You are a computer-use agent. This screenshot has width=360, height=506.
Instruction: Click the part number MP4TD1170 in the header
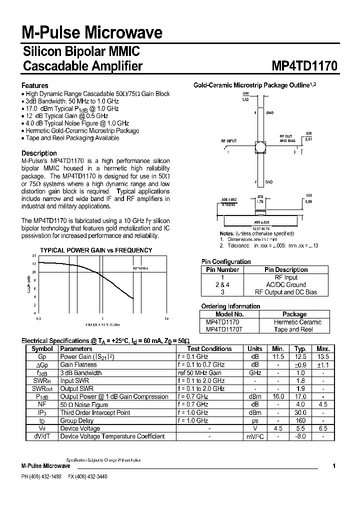pyautogui.click(x=305, y=66)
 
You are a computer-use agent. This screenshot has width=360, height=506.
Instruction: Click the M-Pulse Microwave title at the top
pyautogui.click(x=92, y=33)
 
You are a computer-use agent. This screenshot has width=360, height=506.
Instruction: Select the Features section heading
pyautogui.click(x=35, y=85)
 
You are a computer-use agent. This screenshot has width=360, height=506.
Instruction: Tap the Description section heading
pyautogui.click(x=39, y=153)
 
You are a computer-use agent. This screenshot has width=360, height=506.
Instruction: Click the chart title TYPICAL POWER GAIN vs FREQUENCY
pyautogui.click(x=96, y=250)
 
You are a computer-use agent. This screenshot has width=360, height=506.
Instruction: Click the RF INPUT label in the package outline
pyautogui.click(x=229, y=141)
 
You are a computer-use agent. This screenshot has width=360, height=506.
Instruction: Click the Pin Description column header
pyautogui.click(x=286, y=269)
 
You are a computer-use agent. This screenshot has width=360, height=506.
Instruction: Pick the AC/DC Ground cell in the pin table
pyautogui.click(x=286, y=284)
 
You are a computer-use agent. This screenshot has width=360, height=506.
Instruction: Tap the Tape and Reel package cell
pyautogui.click(x=294, y=329)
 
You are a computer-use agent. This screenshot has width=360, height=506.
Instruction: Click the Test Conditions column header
pyautogui.click(x=209, y=348)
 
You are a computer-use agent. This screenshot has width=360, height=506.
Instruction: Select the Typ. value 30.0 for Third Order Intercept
pyautogui.click(x=300, y=412)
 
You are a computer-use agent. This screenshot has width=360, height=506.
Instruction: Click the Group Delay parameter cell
pyautogui.click(x=76, y=420)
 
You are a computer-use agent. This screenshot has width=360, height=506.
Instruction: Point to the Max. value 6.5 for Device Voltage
pyautogui.click(x=323, y=428)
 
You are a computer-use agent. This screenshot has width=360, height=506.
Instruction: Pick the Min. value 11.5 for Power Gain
pyautogui.click(x=278, y=356)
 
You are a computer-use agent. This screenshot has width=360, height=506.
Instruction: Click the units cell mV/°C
pyautogui.click(x=255, y=436)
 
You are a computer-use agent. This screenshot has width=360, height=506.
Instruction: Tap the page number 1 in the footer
pyautogui.click(x=334, y=465)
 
